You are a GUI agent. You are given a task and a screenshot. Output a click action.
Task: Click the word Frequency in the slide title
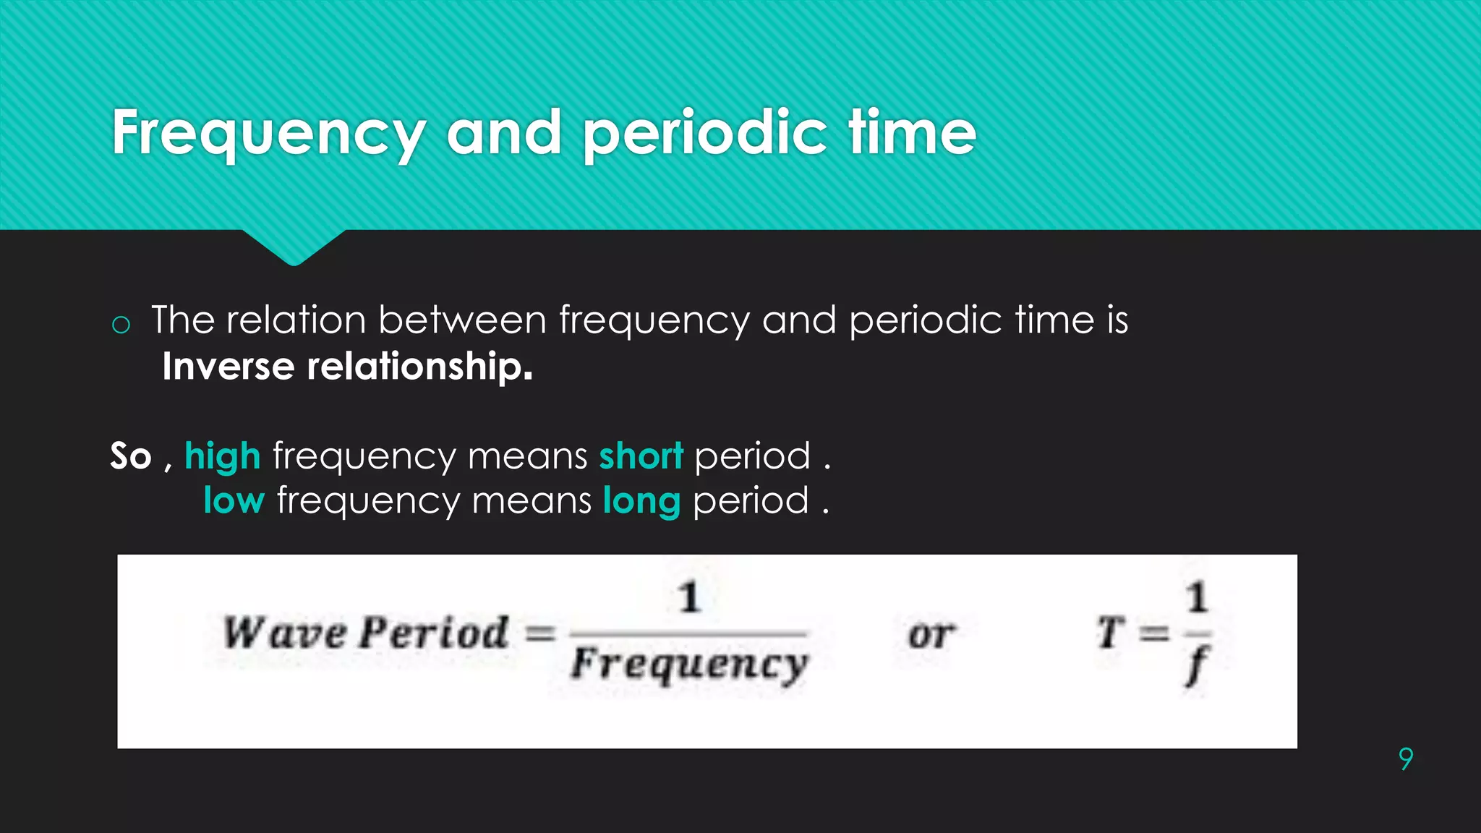268,133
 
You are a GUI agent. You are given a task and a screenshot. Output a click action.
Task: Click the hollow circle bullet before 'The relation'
121,325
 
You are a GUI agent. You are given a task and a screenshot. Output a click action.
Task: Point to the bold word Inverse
229,366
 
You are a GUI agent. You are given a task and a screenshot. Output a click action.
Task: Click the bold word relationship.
419,367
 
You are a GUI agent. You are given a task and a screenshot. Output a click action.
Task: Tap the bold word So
131,456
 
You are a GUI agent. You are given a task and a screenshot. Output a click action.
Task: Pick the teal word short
641,456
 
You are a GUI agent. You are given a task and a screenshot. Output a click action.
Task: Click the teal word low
234,500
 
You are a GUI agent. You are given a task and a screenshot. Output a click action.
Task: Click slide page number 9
1405,759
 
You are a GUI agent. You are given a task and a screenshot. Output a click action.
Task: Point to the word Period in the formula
434,633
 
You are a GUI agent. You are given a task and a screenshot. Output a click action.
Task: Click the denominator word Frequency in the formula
688,665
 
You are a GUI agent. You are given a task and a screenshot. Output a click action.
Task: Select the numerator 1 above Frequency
689,597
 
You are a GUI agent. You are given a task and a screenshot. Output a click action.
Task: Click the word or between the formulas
931,634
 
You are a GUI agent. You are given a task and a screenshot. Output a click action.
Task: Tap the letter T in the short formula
1110,633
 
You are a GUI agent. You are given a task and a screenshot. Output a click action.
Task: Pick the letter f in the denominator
1197,666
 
